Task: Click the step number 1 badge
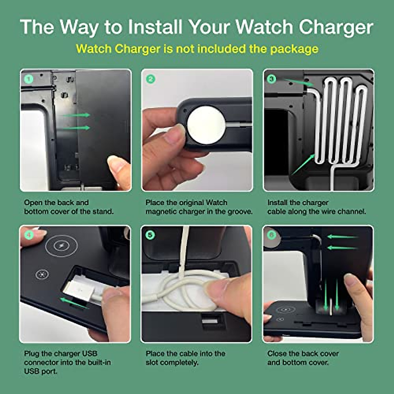pyautogui.click(x=29, y=79)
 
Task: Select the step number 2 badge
pyautogui.click(x=150, y=79)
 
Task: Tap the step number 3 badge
pyautogui.click(x=272, y=79)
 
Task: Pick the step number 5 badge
pyautogui.click(x=150, y=235)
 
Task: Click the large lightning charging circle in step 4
pyautogui.click(x=61, y=245)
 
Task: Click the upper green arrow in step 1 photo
pyautogui.click(x=76, y=115)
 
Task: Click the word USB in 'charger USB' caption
pyautogui.click(x=89, y=354)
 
